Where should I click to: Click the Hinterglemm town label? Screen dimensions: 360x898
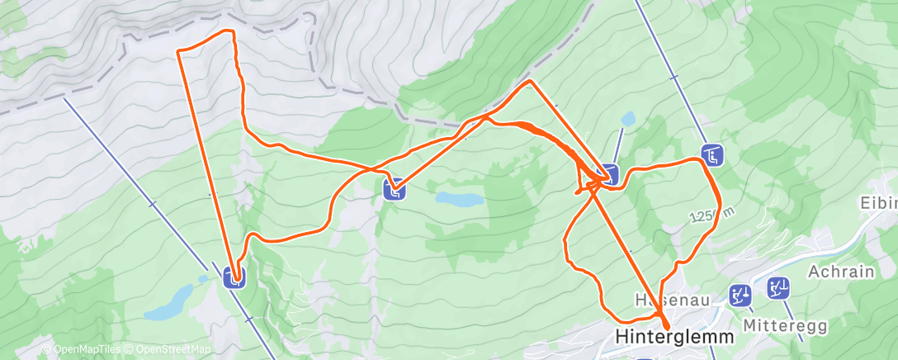pyautogui.click(x=673, y=338)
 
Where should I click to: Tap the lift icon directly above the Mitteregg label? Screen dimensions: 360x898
pyautogui.click(x=778, y=288)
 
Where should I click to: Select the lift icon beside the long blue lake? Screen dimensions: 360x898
pyautogui.click(x=395, y=190)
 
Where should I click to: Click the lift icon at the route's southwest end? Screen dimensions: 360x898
pyautogui.click(x=235, y=277)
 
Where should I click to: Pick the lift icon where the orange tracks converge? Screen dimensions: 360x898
pyautogui.click(x=608, y=174)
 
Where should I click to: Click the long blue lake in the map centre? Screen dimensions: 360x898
pyautogui.click(x=460, y=199)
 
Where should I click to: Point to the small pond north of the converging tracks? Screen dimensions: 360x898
pyautogui.click(x=629, y=120)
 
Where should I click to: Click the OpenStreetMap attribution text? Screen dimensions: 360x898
pyautogui.click(x=173, y=349)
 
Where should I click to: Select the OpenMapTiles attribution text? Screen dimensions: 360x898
pyautogui.click(x=83, y=349)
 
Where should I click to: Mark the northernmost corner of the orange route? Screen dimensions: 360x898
pyautogui.click(x=232, y=31)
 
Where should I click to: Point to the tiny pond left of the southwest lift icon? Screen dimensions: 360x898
pyautogui.click(x=203, y=279)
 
